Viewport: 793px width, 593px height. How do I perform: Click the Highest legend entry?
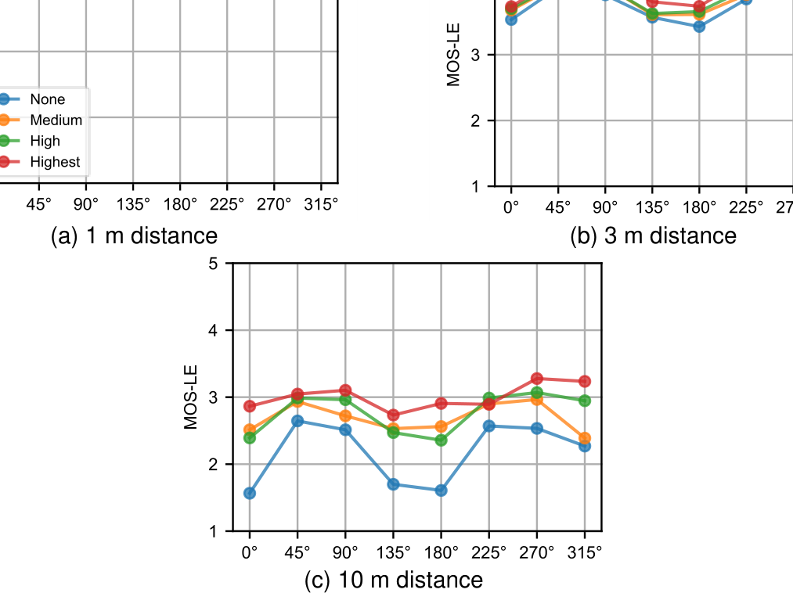54,162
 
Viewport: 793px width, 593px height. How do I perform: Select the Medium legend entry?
56,120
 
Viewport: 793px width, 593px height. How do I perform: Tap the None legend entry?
47,99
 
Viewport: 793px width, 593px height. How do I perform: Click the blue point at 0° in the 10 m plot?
249,493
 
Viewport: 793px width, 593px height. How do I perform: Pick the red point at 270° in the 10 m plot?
537,379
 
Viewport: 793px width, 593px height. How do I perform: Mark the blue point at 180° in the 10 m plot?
441,491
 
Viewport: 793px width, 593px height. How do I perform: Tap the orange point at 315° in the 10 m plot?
585,438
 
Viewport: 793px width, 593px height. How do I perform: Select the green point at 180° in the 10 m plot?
441,440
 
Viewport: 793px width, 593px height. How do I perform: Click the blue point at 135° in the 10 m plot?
393,484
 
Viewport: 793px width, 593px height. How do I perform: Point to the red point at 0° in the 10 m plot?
249,406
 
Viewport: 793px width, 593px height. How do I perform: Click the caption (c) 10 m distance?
393,580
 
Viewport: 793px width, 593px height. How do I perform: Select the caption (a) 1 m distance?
134,235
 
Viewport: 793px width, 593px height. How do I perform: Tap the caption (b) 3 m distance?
654,235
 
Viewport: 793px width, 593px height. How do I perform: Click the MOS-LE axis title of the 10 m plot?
191,397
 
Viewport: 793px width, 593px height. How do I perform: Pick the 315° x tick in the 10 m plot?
585,552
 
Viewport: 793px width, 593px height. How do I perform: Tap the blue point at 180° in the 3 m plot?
699,27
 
